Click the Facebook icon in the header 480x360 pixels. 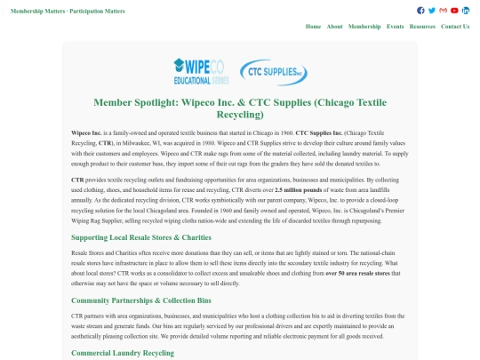pyautogui.click(x=420, y=11)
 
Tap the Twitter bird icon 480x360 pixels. pyautogui.click(x=432, y=11)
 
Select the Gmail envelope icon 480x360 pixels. pyautogui.click(x=444, y=11)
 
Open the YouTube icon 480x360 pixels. pyautogui.click(x=454, y=11)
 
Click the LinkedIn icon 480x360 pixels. pyautogui.click(x=466, y=11)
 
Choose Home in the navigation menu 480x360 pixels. pyautogui.click(x=313, y=27)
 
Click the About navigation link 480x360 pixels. pyautogui.click(x=334, y=27)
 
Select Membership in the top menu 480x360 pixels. pyautogui.click(x=364, y=27)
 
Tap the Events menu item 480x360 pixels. pyautogui.click(x=395, y=27)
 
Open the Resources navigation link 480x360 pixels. pyautogui.click(x=422, y=27)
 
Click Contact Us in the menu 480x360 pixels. pyautogui.click(x=455, y=27)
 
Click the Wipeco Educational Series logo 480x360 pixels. pyautogui.click(x=198, y=68)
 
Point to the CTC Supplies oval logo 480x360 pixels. pyautogui.click(x=277, y=68)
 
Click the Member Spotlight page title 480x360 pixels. pyautogui.click(x=240, y=108)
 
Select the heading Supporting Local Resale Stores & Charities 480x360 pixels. pyautogui.click(x=141, y=237)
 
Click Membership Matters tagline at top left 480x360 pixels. pyautogui.click(x=68, y=12)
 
